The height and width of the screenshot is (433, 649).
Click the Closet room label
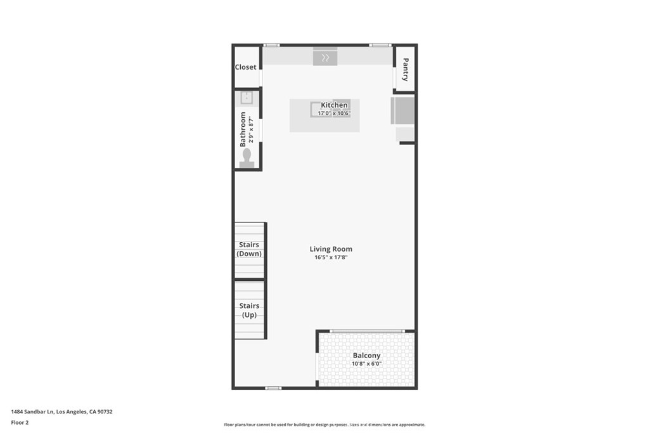point(245,67)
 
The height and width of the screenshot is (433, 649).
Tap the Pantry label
point(405,70)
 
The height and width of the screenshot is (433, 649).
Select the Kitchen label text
point(334,105)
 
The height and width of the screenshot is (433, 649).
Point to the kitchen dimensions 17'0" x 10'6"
point(334,113)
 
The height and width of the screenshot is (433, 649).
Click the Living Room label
point(331,249)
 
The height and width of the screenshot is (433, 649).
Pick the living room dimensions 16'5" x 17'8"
point(331,257)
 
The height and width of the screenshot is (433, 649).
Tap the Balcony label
point(366,356)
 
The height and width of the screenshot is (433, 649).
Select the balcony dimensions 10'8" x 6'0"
point(366,364)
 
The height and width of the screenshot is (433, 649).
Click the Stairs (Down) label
point(248,249)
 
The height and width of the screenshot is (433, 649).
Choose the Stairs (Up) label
point(249,311)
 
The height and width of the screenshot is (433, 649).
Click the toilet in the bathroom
point(247,158)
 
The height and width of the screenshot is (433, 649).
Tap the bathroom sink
point(247,98)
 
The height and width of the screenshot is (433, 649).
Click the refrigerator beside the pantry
point(402,110)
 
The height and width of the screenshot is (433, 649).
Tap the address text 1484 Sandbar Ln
point(33,412)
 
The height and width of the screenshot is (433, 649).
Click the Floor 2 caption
point(20,423)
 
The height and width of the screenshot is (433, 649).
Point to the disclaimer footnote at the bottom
point(324,425)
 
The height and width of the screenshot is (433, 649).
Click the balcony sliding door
point(366,331)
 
